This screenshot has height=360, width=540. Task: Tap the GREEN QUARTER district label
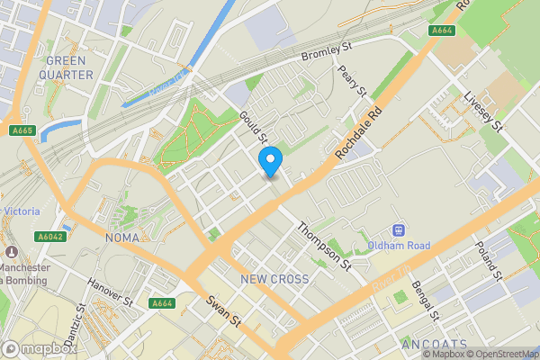[x=67, y=67]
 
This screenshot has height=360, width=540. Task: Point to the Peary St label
[x=354, y=80]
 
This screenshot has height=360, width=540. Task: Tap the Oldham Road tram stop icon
[x=397, y=229]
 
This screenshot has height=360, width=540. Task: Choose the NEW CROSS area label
[x=274, y=279]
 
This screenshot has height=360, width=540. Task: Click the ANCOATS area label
[x=435, y=346]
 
